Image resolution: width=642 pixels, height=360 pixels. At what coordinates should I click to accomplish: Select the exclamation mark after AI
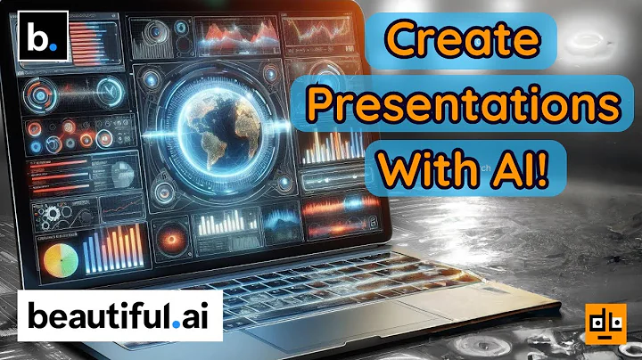tap(559, 167)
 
